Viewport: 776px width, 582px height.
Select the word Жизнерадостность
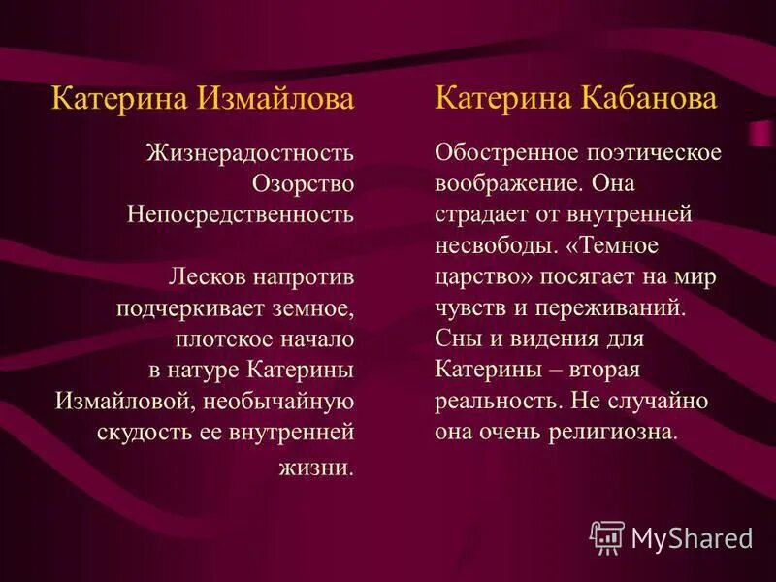[x=249, y=153]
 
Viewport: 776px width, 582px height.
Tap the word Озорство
[x=303, y=183]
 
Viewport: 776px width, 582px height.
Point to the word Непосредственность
[x=240, y=214]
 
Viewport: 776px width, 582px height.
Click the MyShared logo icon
[x=607, y=535]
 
